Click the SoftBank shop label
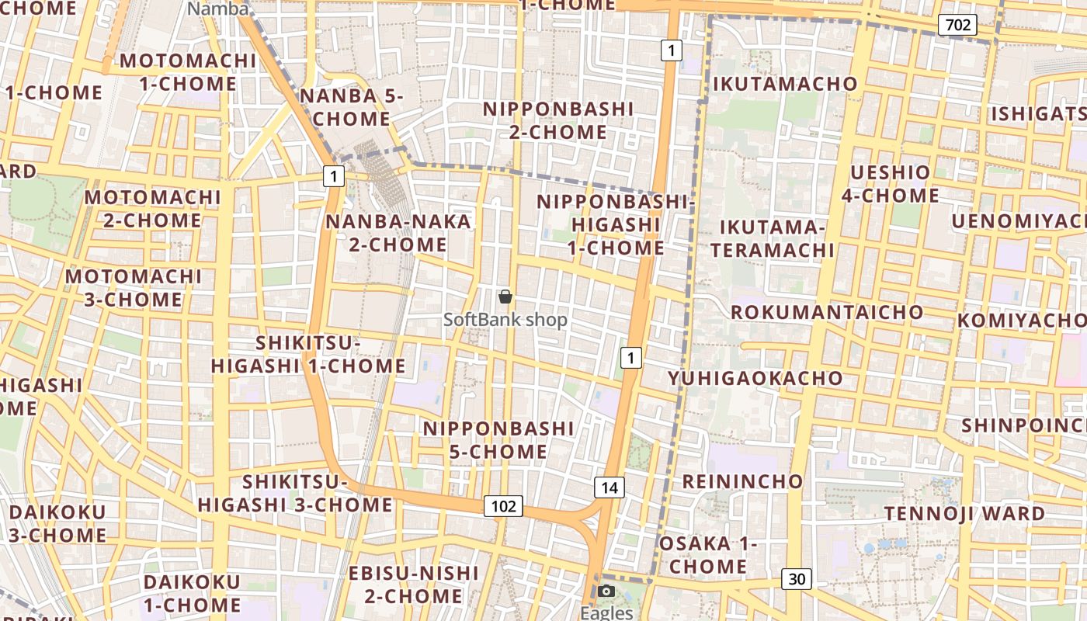505,319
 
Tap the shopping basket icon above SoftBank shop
505,296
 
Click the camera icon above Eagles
607,592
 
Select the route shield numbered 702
957,25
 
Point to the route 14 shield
609,487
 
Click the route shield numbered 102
503,506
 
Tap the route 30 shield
797,578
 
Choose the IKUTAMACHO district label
785,84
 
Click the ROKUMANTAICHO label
828,312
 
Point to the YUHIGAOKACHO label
755,378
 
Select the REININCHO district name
742,481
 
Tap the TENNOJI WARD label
964,513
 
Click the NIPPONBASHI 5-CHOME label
498,439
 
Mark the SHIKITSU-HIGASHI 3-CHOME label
295,493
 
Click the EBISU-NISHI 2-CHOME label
414,585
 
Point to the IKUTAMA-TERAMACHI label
772,238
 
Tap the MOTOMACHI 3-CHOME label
134,287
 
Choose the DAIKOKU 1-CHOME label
193,593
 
